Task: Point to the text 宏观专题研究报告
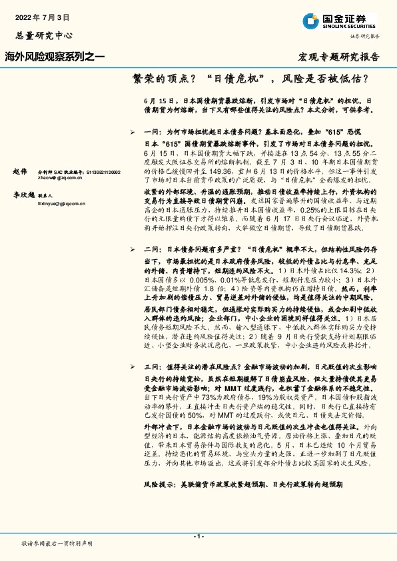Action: [338, 57]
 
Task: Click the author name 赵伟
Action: [20, 171]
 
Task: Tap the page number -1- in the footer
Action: [198, 536]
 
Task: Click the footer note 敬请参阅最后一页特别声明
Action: [57, 544]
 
